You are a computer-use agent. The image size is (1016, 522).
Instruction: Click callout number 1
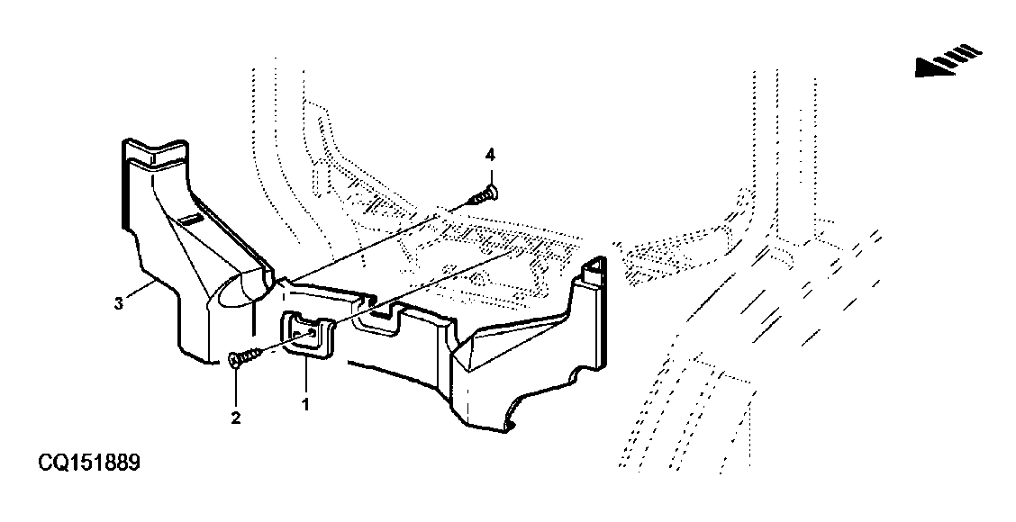(304, 405)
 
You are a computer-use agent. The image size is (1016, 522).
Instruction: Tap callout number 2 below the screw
(236, 418)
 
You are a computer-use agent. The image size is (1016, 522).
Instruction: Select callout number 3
(119, 302)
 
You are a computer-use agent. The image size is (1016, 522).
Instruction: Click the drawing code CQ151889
(89, 463)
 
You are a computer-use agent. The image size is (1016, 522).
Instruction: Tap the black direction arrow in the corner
(948, 59)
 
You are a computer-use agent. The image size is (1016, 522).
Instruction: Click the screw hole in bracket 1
(313, 333)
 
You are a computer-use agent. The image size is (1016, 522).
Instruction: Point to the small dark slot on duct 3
(191, 220)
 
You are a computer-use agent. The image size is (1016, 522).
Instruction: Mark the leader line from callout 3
(140, 290)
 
